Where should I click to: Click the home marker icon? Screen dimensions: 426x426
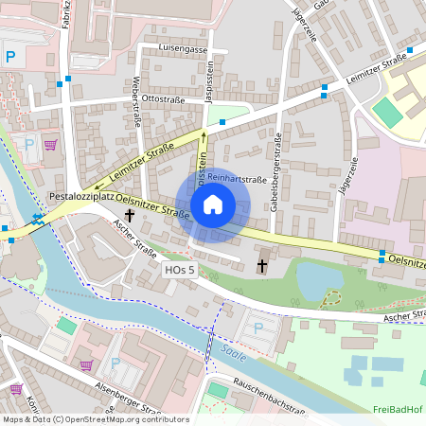(x=213, y=204)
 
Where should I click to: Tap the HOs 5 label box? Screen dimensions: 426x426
(x=179, y=271)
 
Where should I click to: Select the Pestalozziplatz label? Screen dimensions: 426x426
(x=81, y=197)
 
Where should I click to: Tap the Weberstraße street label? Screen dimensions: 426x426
(x=137, y=98)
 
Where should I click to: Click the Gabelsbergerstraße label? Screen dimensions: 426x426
(x=275, y=176)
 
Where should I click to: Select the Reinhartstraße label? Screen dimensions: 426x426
(x=237, y=178)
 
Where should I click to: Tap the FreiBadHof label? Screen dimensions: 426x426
(x=398, y=409)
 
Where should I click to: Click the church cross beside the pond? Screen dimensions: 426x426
(x=262, y=266)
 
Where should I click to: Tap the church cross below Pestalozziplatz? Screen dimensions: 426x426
(x=129, y=216)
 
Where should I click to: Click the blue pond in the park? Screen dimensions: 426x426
(x=317, y=279)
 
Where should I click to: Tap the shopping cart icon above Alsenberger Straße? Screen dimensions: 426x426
(x=86, y=364)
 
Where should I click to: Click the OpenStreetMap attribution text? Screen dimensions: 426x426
(x=95, y=418)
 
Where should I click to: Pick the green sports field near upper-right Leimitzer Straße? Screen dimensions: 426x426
(x=386, y=112)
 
